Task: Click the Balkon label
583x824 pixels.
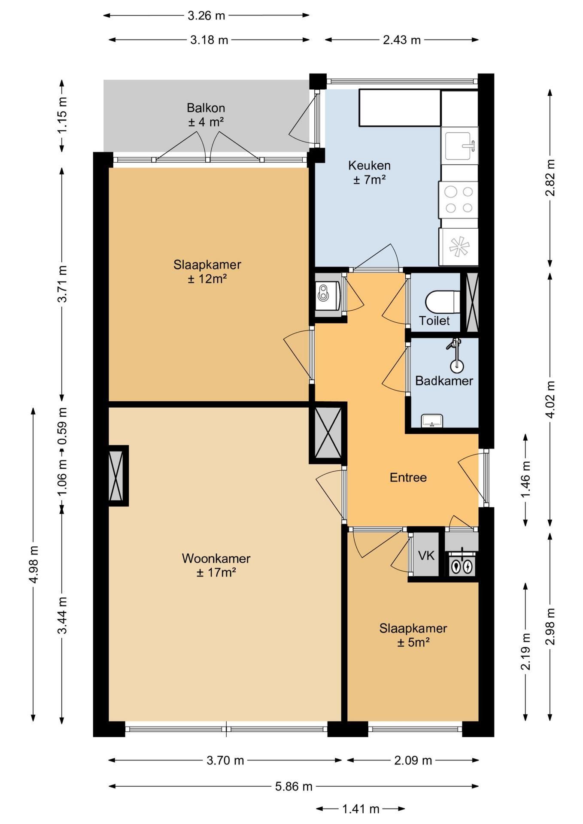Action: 206,108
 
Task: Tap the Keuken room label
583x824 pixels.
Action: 369,165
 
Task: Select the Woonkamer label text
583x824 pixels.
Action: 216,558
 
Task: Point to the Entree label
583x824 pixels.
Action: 408,478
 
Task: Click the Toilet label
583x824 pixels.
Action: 434,321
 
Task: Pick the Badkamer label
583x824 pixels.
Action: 444,381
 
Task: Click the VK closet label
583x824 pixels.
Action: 426,556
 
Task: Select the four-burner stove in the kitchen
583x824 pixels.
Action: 458,200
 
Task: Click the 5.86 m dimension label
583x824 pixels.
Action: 294,787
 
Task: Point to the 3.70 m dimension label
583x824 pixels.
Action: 225,760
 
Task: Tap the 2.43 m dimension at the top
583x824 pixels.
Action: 401,40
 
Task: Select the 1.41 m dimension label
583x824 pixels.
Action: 361,809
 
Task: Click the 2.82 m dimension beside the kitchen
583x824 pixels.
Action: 550,178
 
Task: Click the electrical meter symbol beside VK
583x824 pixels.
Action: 462,566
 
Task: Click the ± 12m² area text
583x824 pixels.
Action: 207,279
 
